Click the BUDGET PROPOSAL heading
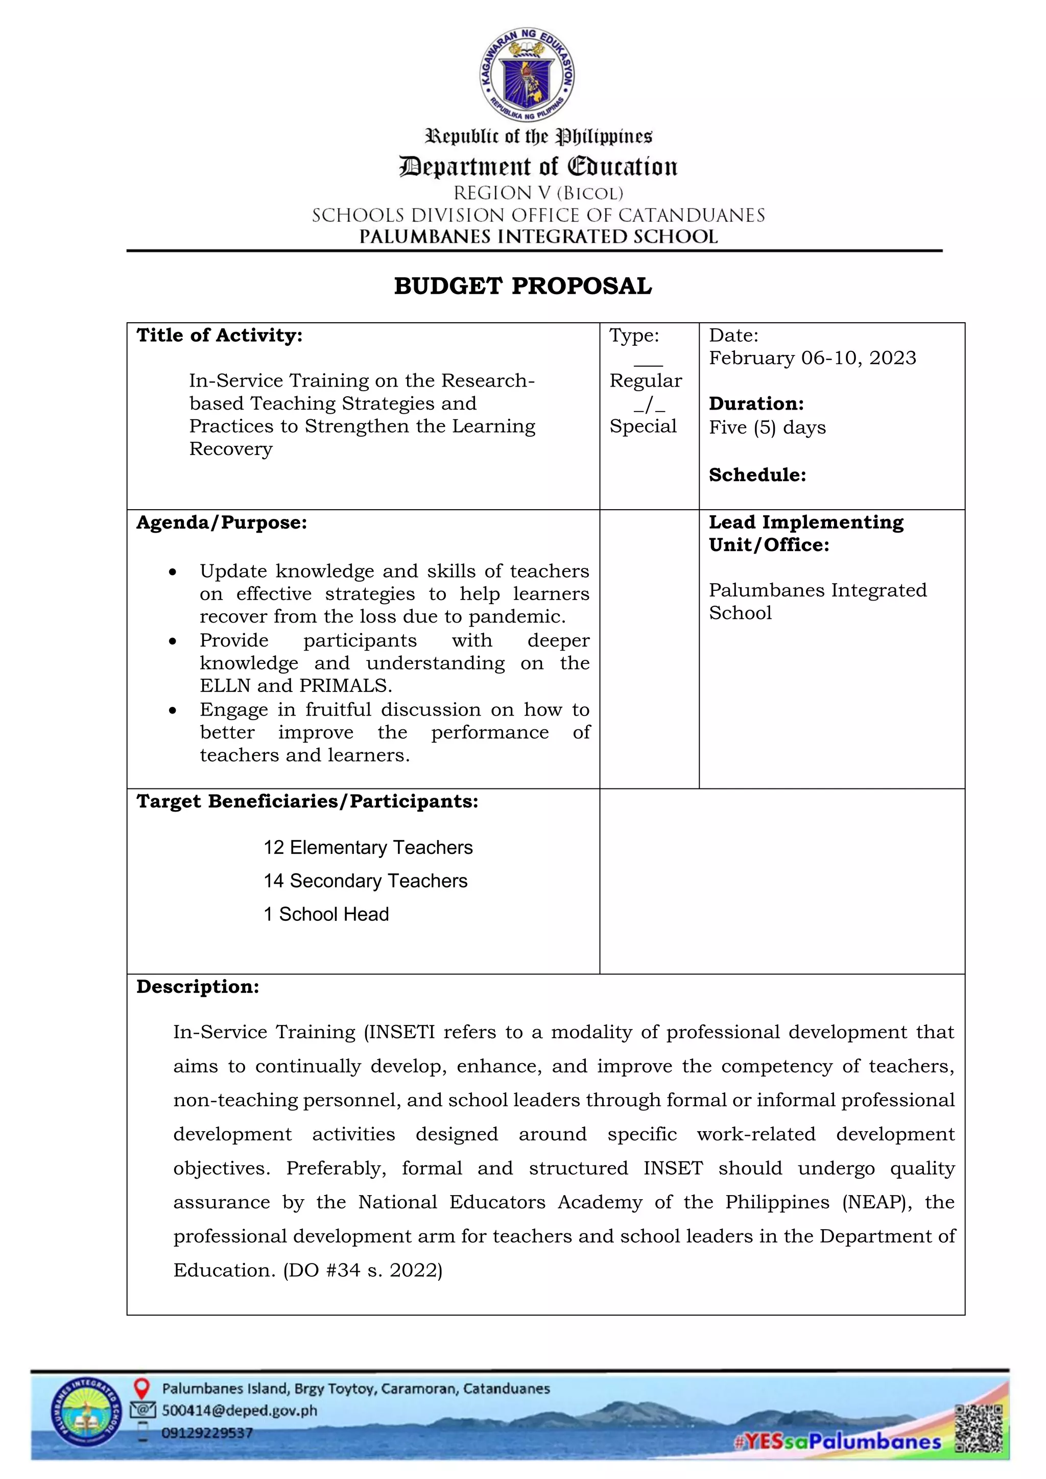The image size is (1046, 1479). pos(522,286)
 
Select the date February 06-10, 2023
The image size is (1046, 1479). pos(812,358)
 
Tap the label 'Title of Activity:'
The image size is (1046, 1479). pos(219,336)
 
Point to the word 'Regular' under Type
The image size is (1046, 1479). pos(646,380)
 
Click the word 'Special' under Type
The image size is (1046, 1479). pos(643,426)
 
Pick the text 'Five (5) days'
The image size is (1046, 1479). pos(767,428)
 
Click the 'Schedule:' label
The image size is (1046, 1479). pos(757,475)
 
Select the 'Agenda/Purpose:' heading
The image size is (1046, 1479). pos(222,522)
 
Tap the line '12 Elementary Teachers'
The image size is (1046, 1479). pos(368,848)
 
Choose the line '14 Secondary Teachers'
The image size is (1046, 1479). pos(365,881)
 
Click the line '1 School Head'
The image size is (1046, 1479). pos(326,915)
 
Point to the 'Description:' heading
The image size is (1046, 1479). pos(198,987)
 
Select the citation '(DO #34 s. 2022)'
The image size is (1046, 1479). pos(363,1270)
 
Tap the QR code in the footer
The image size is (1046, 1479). pos(979,1429)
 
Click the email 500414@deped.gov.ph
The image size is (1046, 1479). pos(239,1411)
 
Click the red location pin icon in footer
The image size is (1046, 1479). pos(141,1388)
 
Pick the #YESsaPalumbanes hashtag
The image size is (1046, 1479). pos(837,1442)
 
